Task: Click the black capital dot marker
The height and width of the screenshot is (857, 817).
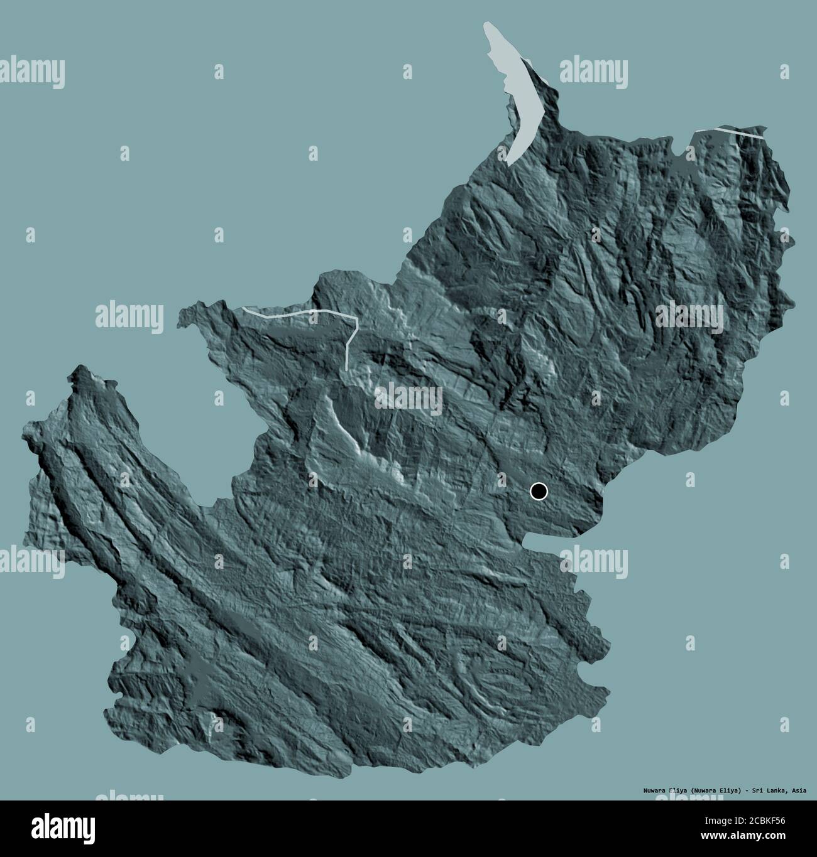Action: click(x=539, y=491)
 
